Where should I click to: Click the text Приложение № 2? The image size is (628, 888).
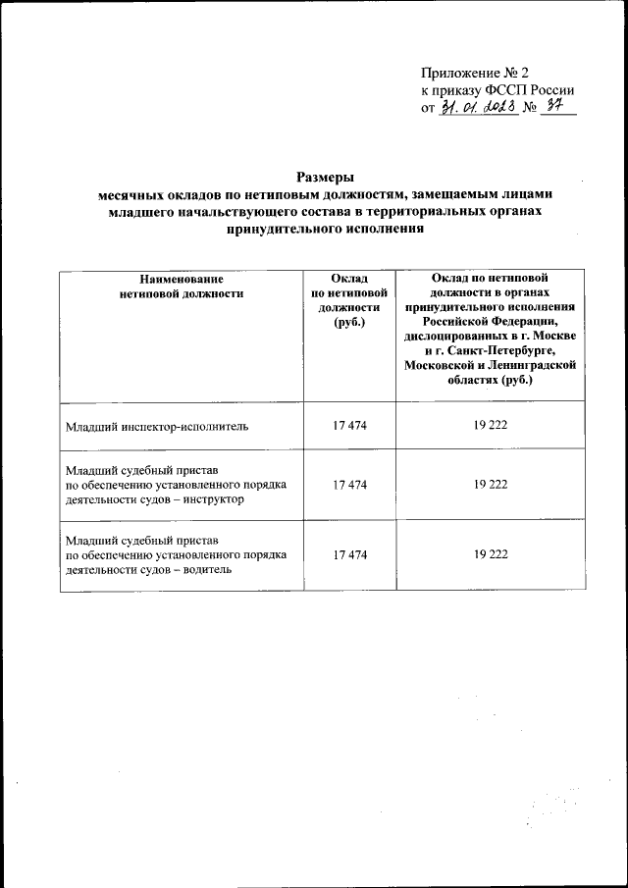[474, 73]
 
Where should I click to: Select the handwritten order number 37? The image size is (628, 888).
[559, 107]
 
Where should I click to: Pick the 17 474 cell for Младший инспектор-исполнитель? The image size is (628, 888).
[349, 427]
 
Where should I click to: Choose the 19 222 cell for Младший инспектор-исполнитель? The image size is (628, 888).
[490, 427]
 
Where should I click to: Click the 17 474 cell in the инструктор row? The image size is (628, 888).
[349, 485]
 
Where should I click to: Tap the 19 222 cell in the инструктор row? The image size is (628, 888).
[490, 485]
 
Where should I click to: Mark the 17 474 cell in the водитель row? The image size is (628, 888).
[349, 554]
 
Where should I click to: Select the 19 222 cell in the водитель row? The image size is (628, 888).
[490, 554]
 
